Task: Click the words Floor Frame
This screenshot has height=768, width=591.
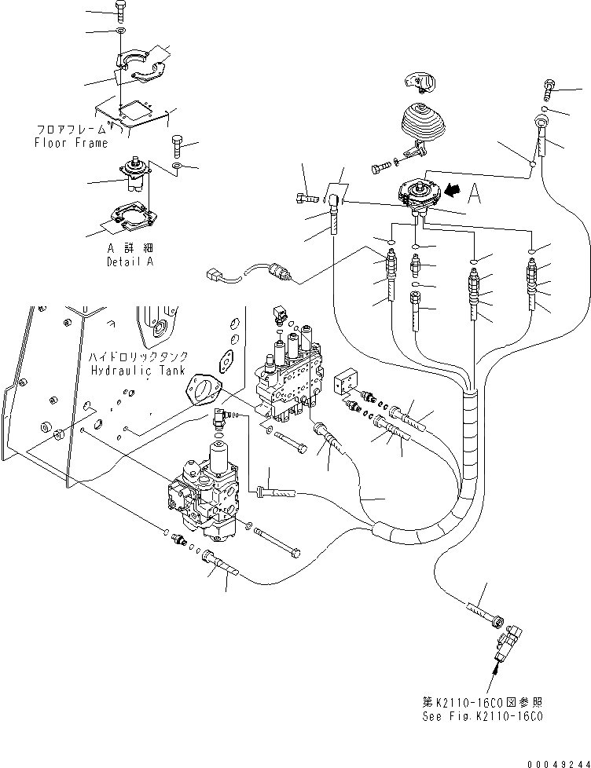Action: pos(71,143)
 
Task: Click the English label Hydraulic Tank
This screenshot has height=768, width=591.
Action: pos(138,371)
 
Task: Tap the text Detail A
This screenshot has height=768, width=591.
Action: pos(130,261)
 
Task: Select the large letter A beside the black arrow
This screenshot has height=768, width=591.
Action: pos(474,193)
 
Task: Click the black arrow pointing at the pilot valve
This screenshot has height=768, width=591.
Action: pos(453,190)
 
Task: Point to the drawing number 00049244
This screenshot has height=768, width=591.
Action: pos(559,763)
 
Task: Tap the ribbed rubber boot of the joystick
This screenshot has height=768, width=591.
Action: pos(423,122)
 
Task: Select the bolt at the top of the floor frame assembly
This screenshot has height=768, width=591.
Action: pos(120,11)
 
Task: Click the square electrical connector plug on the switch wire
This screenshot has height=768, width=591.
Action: pos(212,276)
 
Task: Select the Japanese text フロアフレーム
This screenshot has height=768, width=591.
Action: pos(72,130)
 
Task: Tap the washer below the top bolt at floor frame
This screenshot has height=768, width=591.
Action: pos(120,32)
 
